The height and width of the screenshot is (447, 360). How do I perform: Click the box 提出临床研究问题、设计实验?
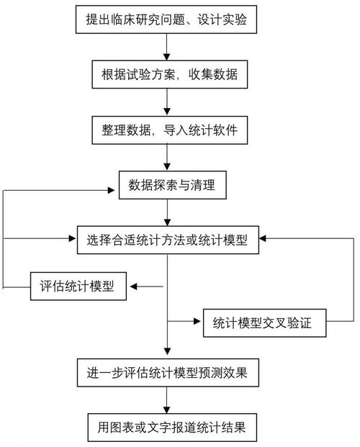166,19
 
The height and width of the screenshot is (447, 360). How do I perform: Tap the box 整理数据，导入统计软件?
166,132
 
